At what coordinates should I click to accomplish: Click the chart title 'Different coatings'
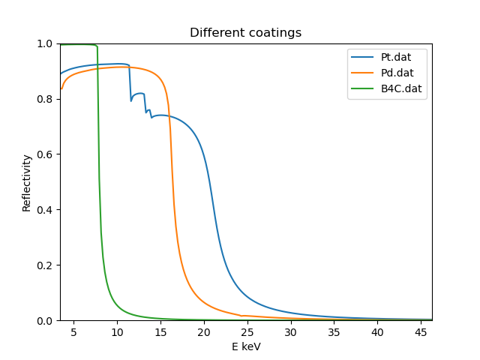(x=246, y=33)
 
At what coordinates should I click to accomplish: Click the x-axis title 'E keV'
(x=246, y=346)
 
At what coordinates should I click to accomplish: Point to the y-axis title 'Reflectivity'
(x=27, y=182)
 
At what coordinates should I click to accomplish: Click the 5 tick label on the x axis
(x=73, y=331)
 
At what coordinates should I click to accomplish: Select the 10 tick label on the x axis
(x=117, y=331)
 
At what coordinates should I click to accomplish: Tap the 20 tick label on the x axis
(x=204, y=331)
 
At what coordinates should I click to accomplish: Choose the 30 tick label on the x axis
(x=291, y=331)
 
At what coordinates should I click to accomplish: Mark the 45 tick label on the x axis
(x=421, y=331)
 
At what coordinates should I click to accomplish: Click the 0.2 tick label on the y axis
(x=46, y=265)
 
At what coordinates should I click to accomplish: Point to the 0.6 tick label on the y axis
(x=46, y=154)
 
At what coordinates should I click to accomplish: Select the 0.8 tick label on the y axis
(x=46, y=99)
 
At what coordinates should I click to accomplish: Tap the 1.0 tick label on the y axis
(x=46, y=43)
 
